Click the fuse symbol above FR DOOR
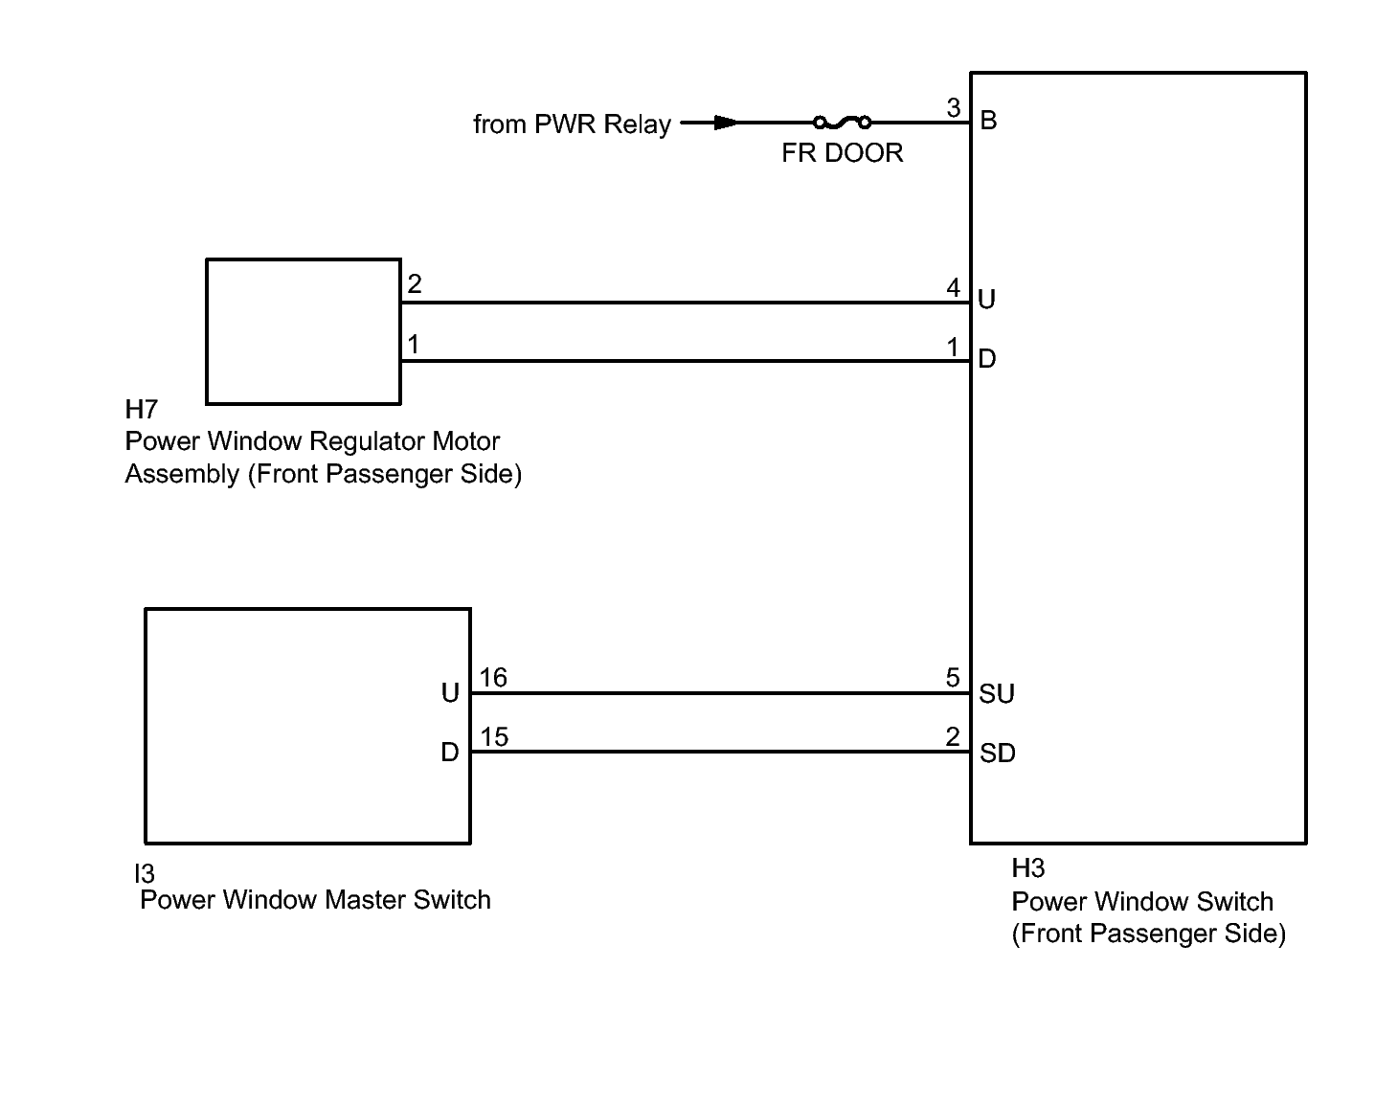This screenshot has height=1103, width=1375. [x=842, y=122]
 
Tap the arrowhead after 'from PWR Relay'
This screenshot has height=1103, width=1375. [x=726, y=123]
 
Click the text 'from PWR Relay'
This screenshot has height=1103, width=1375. [x=572, y=124]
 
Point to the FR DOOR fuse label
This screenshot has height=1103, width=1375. [x=842, y=153]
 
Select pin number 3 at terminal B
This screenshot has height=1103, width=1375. [x=953, y=108]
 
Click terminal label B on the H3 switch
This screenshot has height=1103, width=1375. [x=989, y=121]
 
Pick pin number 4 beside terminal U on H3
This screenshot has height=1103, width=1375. [x=953, y=287]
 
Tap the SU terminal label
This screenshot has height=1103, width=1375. [x=996, y=694]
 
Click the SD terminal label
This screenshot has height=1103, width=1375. [x=997, y=754]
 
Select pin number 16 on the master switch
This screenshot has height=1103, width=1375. [x=493, y=678]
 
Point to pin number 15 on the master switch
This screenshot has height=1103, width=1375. [x=494, y=737]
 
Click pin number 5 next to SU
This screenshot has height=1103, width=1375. [x=953, y=678]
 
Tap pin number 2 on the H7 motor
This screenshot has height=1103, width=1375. [x=414, y=284]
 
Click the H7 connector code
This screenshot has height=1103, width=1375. [x=141, y=410]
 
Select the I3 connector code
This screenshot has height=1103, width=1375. [x=144, y=873]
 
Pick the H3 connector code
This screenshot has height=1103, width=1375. [x=1027, y=868]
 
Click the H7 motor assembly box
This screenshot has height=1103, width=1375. [x=303, y=331]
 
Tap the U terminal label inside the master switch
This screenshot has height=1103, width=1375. [x=450, y=693]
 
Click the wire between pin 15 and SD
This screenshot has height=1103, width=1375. [x=718, y=752]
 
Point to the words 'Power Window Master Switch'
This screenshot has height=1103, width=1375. [x=315, y=900]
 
